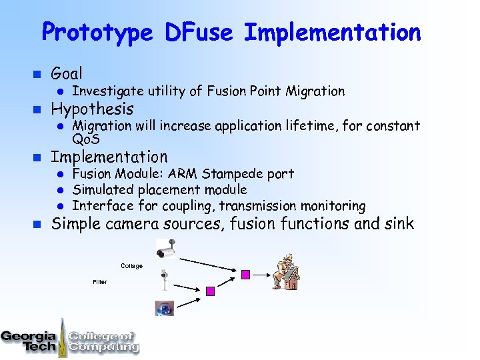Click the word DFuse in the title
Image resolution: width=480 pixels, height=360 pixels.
[x=198, y=32]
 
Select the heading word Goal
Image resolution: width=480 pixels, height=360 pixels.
[x=67, y=73]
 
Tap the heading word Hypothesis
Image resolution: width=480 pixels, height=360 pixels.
[x=92, y=109]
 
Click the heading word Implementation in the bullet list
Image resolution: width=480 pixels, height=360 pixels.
[x=109, y=157]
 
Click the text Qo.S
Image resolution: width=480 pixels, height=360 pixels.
[x=86, y=139]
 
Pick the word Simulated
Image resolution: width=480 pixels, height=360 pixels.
[x=103, y=190]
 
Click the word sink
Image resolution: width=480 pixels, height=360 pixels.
[x=398, y=224]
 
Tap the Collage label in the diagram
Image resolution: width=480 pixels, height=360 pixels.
[x=131, y=266]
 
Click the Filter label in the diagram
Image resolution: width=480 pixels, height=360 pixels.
[x=100, y=282]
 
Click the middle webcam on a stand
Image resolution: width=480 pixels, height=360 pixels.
[x=164, y=279]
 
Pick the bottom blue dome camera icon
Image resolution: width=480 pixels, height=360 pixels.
[x=164, y=307]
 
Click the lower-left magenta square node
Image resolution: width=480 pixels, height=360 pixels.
[x=210, y=291]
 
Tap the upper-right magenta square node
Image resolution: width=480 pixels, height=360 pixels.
[x=245, y=274]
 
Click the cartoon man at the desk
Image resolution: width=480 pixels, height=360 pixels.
[x=285, y=271]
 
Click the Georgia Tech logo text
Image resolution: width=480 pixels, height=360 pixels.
[x=29, y=340]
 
